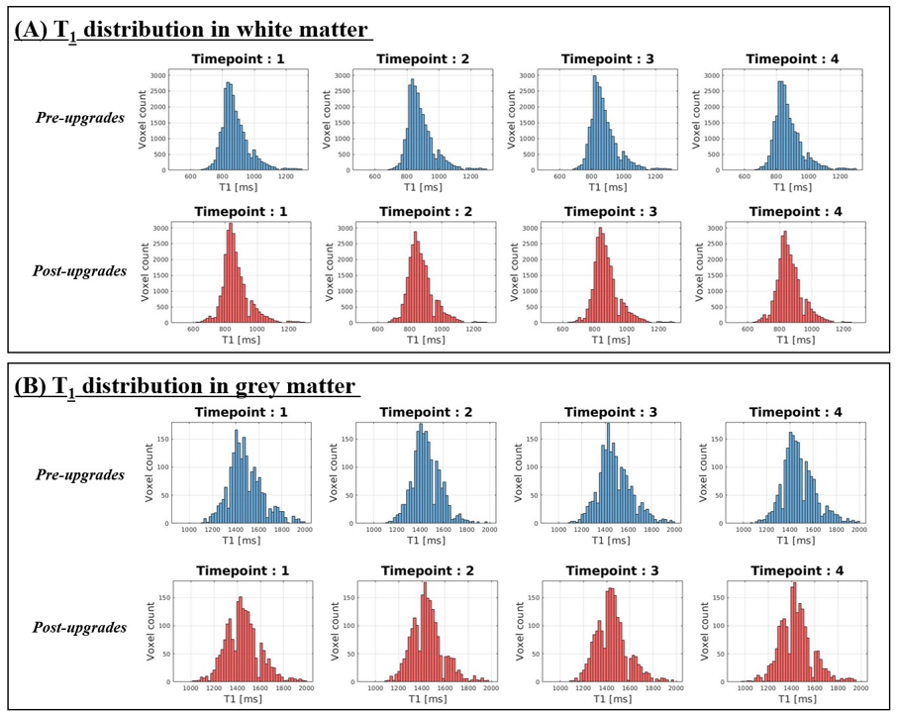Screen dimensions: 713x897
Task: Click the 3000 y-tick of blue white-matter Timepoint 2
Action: coord(342,75)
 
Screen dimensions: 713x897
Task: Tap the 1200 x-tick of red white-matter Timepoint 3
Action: coord(654,331)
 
